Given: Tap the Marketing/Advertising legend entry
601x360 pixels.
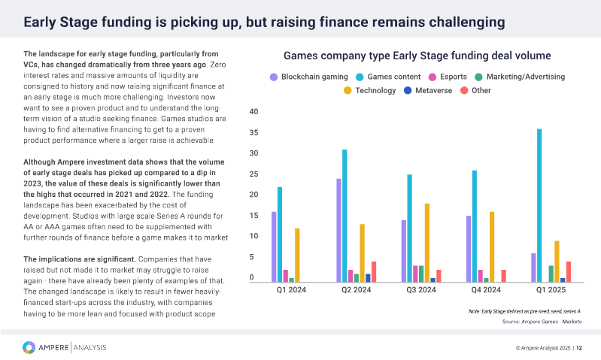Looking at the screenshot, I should point(519,77).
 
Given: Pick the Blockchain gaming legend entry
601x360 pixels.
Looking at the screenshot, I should point(309,77).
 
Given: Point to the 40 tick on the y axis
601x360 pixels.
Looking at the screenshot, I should point(253,112).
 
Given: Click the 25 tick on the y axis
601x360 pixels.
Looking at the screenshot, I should point(253,174).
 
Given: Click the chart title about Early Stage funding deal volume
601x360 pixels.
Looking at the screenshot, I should point(417,56).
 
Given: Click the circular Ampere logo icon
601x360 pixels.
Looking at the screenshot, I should point(29,346).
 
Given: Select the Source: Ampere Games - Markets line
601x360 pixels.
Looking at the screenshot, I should point(541,322).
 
